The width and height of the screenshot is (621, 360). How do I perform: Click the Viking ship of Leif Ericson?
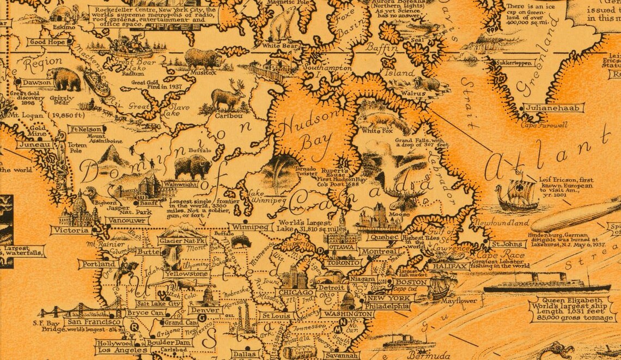coord(515,194)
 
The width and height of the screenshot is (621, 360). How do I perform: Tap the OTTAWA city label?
coord(342,247)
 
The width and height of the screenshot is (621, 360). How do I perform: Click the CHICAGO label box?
coord(295,292)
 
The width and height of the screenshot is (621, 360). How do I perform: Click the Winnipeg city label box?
coord(250,227)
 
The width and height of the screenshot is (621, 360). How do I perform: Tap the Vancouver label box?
coord(127,221)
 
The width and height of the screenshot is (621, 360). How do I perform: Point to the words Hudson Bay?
coord(305,133)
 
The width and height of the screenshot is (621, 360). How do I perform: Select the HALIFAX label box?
coord(449,266)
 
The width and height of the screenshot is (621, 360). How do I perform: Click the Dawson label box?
coord(36,83)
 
